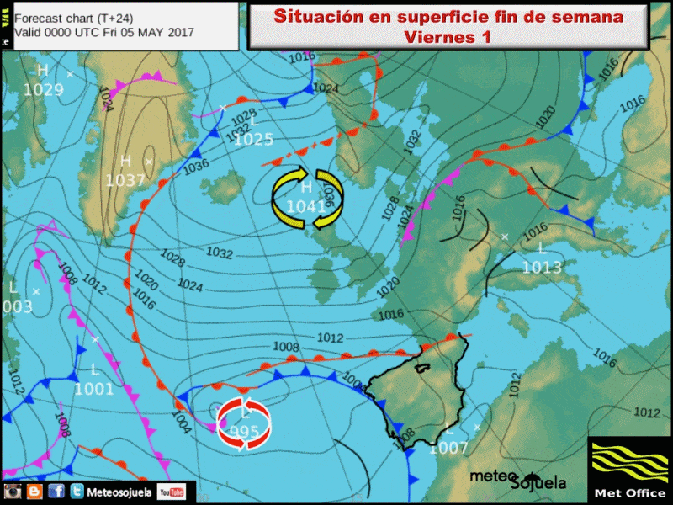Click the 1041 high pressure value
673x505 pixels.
pyautogui.click(x=306, y=207)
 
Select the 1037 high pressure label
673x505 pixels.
pyautogui.click(x=125, y=179)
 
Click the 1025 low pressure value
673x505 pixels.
pyautogui.click(x=253, y=140)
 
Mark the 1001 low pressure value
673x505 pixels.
pyautogui.click(x=93, y=389)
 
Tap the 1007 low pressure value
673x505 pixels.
pyautogui.click(x=448, y=448)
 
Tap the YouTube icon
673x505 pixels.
pyautogui.click(x=172, y=492)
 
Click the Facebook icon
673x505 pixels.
pyautogui.click(x=56, y=492)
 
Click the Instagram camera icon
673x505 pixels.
pyautogui.click(x=13, y=492)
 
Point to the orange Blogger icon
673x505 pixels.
pyautogui.click(x=34, y=492)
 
